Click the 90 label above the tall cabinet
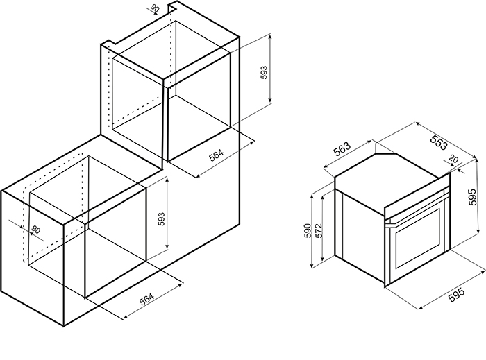click(156, 8)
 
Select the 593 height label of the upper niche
click(264, 72)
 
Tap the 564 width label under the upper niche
click(216, 155)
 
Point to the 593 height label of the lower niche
click(162, 219)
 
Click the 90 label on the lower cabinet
click(36, 230)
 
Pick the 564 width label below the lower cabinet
click(146, 299)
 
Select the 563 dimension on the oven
click(342, 149)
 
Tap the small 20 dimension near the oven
click(453, 160)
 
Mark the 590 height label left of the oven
click(307, 230)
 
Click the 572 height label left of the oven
click(319, 230)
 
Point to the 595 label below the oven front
click(457, 294)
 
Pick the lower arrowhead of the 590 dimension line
click(312, 264)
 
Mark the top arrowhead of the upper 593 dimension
click(270, 37)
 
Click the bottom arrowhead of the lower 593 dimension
click(167, 246)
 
